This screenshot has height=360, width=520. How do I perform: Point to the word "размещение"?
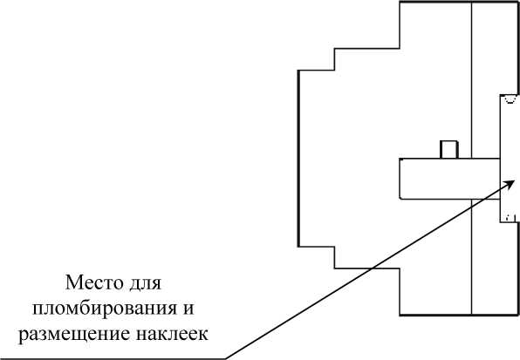[x=74, y=335]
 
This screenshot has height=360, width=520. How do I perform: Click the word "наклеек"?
[x=172, y=334]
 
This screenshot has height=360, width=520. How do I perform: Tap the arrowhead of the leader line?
[x=510, y=184]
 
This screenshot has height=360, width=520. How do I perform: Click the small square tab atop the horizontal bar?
[x=449, y=150]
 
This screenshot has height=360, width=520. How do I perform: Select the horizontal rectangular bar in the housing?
[x=449, y=179]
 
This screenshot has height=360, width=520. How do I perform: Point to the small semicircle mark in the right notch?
[x=510, y=99]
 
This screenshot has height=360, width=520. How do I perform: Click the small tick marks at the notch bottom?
[x=510, y=218]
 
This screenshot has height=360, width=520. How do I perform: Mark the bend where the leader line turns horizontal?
[x=225, y=358]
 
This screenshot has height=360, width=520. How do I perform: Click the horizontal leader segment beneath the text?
[x=113, y=358]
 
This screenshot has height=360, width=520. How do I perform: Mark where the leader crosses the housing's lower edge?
[x=371, y=268]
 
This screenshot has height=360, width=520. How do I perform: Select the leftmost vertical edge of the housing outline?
[x=298, y=159]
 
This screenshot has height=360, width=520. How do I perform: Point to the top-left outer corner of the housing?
[x=400, y=3]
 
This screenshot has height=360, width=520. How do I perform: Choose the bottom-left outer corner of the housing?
[x=400, y=315]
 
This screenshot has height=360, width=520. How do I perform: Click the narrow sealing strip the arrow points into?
[x=509, y=159]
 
